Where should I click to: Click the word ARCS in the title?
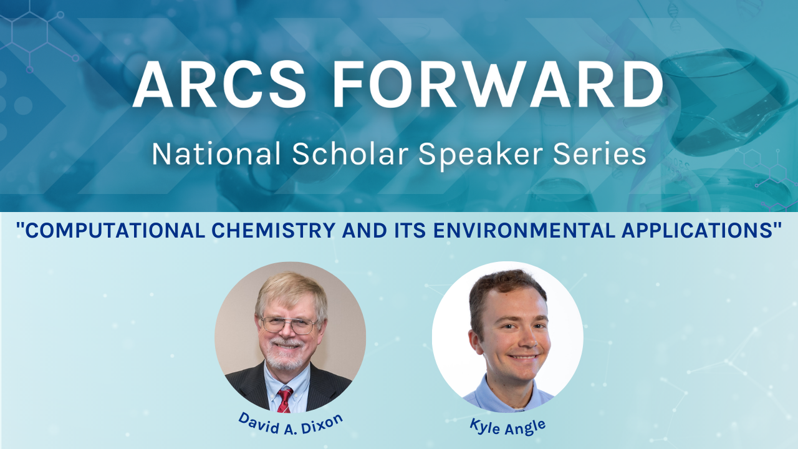tap(219, 84)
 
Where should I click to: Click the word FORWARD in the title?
tap(498, 84)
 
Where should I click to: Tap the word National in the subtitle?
tap(216, 154)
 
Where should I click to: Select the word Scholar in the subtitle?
tap(350, 154)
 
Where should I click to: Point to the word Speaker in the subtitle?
tap(481, 156)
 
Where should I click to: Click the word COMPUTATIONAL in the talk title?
tap(115, 230)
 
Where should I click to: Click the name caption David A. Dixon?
tap(291, 424)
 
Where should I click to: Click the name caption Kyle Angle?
tap(507, 427)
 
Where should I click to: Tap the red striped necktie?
tap(285, 400)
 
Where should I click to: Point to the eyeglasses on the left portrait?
tap(289, 325)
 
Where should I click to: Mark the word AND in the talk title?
tap(365, 230)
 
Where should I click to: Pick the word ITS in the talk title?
tap(410, 230)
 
